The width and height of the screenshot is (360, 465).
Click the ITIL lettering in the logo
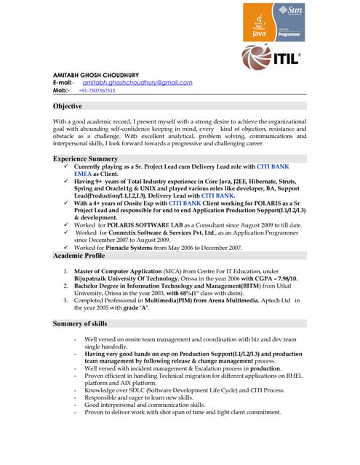pyautogui.click(x=286, y=59)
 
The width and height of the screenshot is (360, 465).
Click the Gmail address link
pyautogui.click(x=137, y=83)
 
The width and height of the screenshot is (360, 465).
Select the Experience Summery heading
pyautogui.click(x=85, y=158)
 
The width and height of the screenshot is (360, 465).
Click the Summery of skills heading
pyautogui.click(x=80, y=323)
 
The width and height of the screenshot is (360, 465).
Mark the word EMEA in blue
pyautogui.click(x=87, y=175)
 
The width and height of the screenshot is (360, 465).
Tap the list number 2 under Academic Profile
pyautogui.click(x=65, y=286)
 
